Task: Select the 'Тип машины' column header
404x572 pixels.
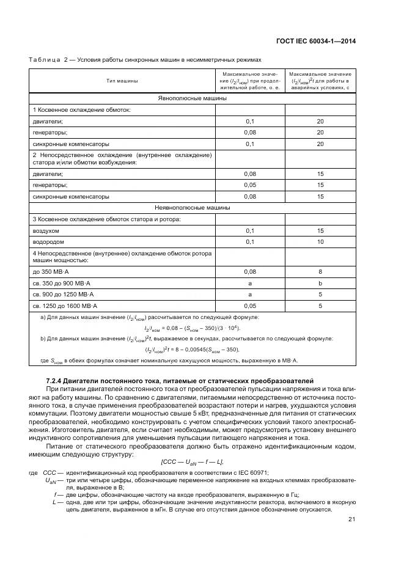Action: tap(122, 81)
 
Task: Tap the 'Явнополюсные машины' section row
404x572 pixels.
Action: tap(192, 98)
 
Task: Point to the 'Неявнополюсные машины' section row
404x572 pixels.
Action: tap(192, 208)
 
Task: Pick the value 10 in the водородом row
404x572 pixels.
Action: tap(320, 241)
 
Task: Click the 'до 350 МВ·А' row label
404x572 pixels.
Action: tap(51, 271)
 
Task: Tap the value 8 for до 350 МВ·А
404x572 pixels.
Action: tap(320, 271)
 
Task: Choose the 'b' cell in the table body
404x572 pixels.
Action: tap(320, 282)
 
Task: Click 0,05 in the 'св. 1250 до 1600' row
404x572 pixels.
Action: tap(249, 305)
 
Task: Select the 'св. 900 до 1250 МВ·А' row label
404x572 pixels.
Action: tap(61, 294)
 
